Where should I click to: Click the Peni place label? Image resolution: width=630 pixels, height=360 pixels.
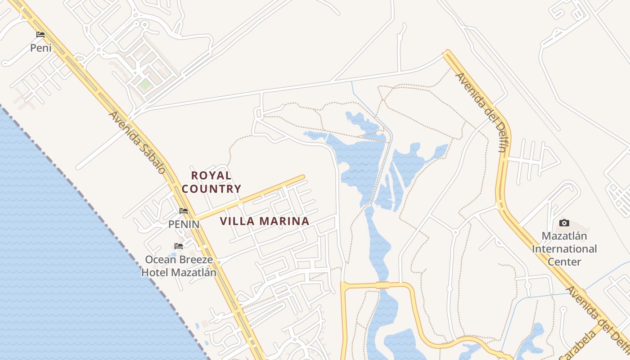pos(41,48)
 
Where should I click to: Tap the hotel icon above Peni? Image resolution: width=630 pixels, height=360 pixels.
pos(40,34)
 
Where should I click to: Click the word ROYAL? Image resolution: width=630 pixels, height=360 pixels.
pos(211,175)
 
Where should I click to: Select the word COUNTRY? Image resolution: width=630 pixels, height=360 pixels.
pos(211,189)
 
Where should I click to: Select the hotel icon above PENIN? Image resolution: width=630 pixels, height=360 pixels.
pos(184,211)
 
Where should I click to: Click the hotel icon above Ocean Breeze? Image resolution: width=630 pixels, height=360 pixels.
pos(179,246)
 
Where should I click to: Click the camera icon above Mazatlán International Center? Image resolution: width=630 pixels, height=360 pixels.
pos(564,223)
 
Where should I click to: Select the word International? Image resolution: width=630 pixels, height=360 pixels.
pos(564,249)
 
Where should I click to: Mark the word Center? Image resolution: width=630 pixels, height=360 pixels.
pos(564,261)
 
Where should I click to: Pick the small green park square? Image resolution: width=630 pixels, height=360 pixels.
pos(144,84)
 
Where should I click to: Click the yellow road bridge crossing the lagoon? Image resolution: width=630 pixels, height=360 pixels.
pos(382,285)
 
